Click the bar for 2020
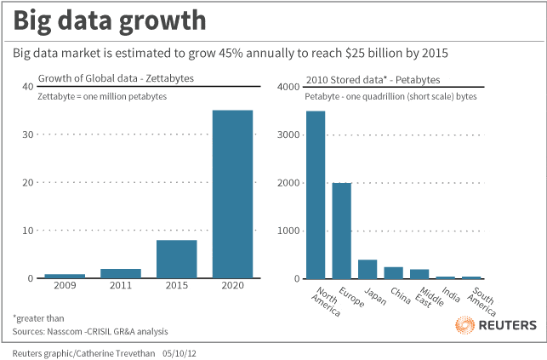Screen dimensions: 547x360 pyautogui.click(x=233, y=194)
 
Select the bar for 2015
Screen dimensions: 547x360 pyautogui.click(x=176, y=260)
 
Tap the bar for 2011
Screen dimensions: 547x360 pyautogui.click(x=121, y=273)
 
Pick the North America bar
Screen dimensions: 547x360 pyautogui.click(x=316, y=195)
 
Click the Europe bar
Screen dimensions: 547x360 pyautogui.click(x=341, y=231)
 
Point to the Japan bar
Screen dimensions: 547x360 pyautogui.click(x=368, y=269)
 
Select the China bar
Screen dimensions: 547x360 pyautogui.click(x=394, y=273)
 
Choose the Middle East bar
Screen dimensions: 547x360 pyautogui.click(x=419, y=274)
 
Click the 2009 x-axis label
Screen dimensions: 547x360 pyautogui.click(x=65, y=285)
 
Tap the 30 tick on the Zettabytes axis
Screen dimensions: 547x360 pyautogui.click(x=28, y=134)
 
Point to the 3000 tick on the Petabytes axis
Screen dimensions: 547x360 pyautogui.click(x=288, y=135)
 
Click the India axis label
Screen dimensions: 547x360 pyautogui.click(x=451, y=294)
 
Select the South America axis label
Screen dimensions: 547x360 pyautogui.click(x=481, y=301)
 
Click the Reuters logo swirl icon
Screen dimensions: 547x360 pyautogui.click(x=464, y=325)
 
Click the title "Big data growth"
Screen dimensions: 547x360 pyautogui.click(x=110, y=21)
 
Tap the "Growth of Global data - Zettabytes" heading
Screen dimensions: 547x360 pyautogui.click(x=116, y=78)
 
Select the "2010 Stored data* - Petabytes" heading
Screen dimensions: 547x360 pyautogui.click(x=373, y=80)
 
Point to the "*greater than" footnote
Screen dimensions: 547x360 pyautogui.click(x=38, y=318)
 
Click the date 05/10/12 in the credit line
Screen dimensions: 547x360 pyautogui.click(x=179, y=353)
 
